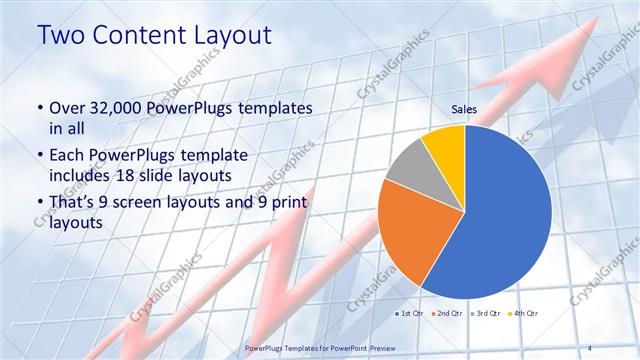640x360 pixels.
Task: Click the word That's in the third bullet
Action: point(75,205)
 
